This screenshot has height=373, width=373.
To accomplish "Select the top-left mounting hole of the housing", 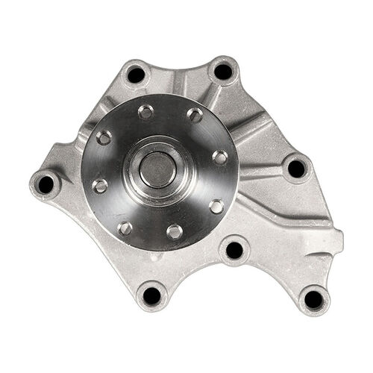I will point(136,74).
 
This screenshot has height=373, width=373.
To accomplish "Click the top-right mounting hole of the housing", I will point(222,72).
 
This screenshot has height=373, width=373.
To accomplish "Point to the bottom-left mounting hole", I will point(152,295).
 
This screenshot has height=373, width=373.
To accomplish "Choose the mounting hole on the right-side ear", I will point(296,169).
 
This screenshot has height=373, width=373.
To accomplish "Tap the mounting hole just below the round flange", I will point(234,250).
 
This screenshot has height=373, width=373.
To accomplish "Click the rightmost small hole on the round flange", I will point(220,157).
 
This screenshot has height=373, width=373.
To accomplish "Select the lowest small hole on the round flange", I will point(174,231).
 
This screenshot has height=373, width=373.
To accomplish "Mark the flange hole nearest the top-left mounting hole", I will point(146,112).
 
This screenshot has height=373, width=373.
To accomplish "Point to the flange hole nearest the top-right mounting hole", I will point(195,114).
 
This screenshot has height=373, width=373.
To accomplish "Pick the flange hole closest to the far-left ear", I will point(99,186).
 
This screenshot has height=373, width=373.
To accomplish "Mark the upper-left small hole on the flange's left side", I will point(104,137).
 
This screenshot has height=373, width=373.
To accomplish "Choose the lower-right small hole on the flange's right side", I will point(216,205).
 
